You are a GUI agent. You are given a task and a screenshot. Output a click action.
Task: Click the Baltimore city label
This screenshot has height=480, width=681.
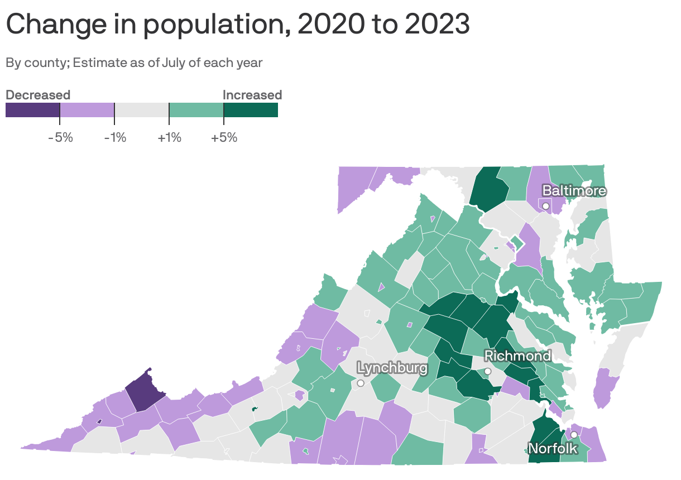pyautogui.click(x=574, y=191)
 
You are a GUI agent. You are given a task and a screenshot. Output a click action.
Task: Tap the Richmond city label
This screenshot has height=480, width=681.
pyautogui.click(x=517, y=356)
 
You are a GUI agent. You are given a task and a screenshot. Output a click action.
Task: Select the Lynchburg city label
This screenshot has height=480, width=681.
pyautogui.click(x=392, y=368)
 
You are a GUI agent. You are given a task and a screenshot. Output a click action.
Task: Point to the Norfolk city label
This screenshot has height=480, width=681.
pyautogui.click(x=553, y=448)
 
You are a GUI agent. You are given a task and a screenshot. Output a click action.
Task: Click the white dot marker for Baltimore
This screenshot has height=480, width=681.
pyautogui.click(x=546, y=207)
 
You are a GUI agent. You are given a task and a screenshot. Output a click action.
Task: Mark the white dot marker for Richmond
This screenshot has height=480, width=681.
pyautogui.click(x=487, y=371)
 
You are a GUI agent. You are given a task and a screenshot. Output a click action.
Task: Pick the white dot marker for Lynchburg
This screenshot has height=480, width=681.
pyautogui.click(x=361, y=383)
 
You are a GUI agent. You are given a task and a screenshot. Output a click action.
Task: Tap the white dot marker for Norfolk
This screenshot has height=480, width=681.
pyautogui.click(x=573, y=435)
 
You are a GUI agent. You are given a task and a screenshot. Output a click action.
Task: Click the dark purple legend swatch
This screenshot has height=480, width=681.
pyautogui.click(x=32, y=110)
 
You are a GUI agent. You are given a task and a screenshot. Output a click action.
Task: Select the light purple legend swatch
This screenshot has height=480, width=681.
pyautogui.click(x=87, y=110)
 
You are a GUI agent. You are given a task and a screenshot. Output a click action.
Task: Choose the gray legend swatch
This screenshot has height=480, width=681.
pyautogui.click(x=141, y=110)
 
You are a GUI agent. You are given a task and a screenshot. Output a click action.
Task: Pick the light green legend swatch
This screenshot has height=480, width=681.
pyautogui.click(x=196, y=110)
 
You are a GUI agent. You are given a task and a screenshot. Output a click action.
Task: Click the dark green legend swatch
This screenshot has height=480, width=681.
pyautogui.click(x=251, y=110)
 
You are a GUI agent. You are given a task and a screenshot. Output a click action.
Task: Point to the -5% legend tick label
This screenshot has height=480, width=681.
pyautogui.click(x=60, y=137)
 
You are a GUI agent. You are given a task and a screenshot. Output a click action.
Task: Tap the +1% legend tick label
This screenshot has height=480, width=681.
pyautogui.click(x=169, y=137)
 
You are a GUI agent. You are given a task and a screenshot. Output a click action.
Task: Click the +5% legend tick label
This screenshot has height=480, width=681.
pyautogui.click(x=224, y=137)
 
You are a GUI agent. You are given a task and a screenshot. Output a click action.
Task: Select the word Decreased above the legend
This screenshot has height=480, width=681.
pyautogui.click(x=38, y=95)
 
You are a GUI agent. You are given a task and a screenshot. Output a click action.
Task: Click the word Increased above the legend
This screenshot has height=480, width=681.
pyautogui.click(x=252, y=95)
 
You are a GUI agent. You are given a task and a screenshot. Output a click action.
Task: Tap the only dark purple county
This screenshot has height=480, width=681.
pyautogui.click(x=143, y=391)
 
